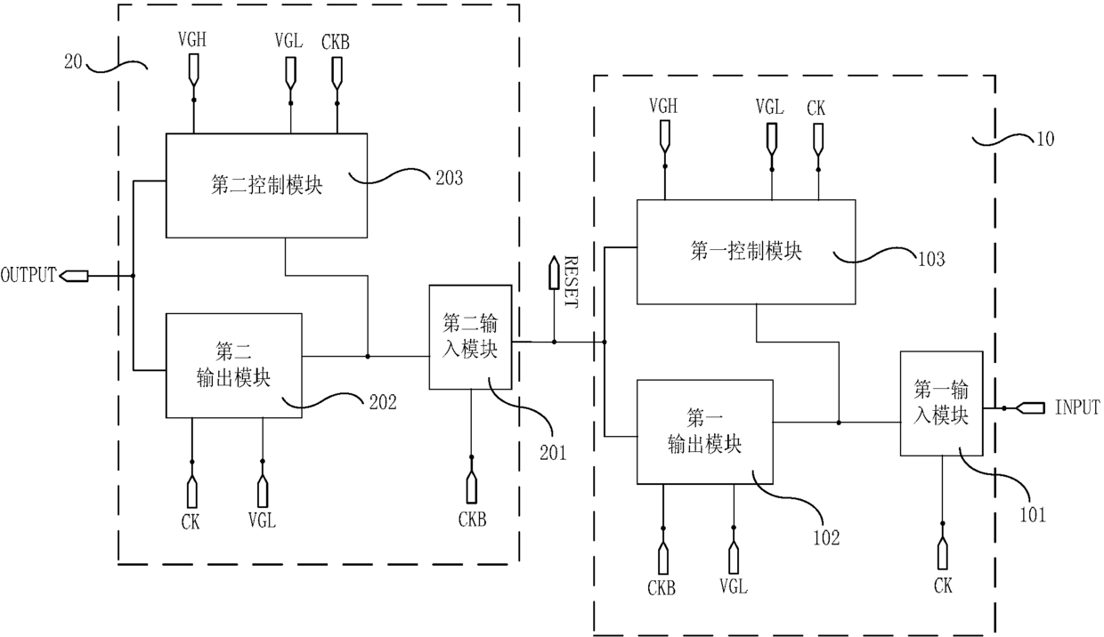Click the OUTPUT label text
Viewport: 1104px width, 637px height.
[x=28, y=275]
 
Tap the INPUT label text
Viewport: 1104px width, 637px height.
[x=1076, y=407]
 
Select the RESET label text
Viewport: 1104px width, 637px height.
[x=570, y=281]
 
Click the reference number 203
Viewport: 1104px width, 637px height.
[x=449, y=178]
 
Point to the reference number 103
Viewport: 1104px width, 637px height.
[x=931, y=259]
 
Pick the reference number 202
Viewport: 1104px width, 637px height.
[x=383, y=402]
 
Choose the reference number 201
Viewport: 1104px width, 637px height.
[x=553, y=453]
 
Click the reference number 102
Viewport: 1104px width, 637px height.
[x=826, y=537]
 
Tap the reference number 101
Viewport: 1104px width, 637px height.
[x=1033, y=515]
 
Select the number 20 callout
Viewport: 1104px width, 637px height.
[x=73, y=61]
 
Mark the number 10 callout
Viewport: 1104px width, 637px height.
[x=1045, y=139]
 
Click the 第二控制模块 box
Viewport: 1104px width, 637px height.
[x=266, y=186]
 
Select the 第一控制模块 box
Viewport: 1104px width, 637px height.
[x=746, y=252]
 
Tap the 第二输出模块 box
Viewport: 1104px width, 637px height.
[x=234, y=366]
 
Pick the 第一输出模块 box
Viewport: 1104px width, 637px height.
[x=705, y=432]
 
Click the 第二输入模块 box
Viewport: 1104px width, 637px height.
[x=471, y=337]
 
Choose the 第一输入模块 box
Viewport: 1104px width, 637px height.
[x=941, y=404]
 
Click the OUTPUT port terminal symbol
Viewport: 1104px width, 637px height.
[x=74, y=276]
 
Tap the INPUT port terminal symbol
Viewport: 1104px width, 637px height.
[x=1029, y=408]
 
